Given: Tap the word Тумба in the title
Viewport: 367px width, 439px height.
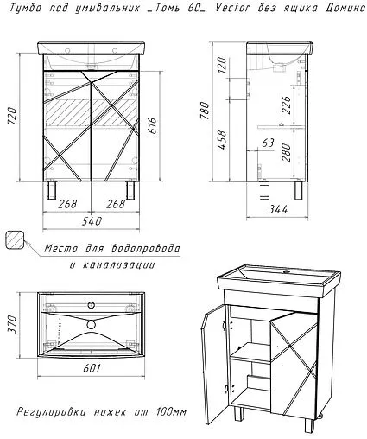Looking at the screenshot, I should (24, 10).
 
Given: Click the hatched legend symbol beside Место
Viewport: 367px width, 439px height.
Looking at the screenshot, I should (16, 239).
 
